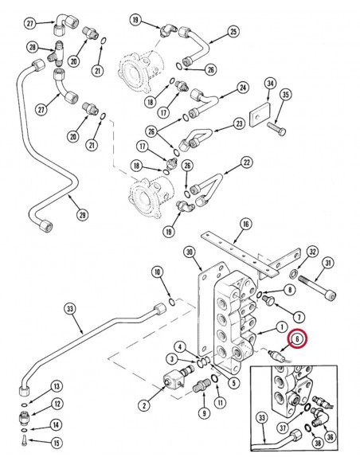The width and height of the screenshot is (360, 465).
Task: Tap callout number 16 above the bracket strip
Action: pos(245,225)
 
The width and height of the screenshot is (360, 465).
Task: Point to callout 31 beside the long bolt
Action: pos(328,264)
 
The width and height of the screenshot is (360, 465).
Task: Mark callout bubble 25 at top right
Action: pos(233,31)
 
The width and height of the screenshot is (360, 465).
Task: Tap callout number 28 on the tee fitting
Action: pos(33,49)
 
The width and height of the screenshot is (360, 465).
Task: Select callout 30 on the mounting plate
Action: pos(190,252)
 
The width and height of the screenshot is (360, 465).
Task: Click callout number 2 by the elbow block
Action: pos(143,405)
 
